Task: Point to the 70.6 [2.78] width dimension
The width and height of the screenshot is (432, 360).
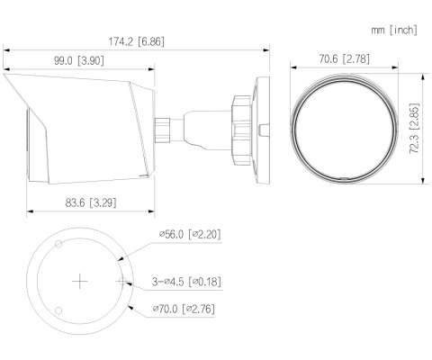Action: coord(338,59)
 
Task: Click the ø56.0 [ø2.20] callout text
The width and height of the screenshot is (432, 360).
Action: coord(190,235)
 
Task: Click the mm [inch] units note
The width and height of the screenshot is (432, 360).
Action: coord(394,30)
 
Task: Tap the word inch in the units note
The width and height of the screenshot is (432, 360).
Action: coord(404,30)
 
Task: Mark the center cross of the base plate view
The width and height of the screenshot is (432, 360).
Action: coord(80,282)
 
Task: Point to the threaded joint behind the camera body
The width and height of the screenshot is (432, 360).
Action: coord(167,129)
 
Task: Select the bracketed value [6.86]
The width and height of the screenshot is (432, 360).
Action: coord(157,41)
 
